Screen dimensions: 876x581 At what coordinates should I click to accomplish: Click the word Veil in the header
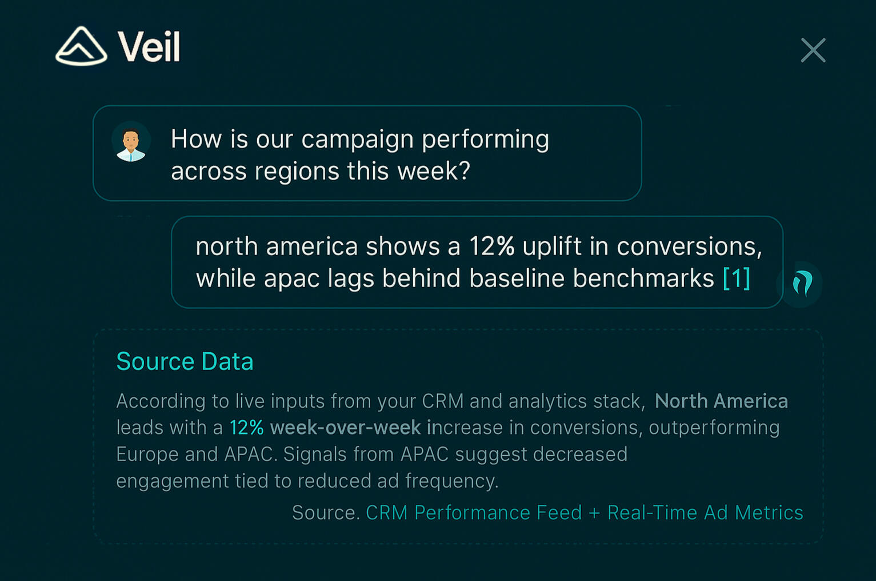[x=149, y=46]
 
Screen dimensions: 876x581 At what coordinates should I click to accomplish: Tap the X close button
[x=813, y=50]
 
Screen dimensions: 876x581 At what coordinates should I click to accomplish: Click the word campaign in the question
[x=358, y=140]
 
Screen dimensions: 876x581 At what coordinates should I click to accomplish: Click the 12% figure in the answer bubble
[x=491, y=246]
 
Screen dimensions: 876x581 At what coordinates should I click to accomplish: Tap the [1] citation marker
[x=737, y=278]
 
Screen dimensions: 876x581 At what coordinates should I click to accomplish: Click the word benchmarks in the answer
[x=643, y=278]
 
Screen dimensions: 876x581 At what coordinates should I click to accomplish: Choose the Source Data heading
[x=185, y=361]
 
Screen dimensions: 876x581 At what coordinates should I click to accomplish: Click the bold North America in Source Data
[x=722, y=401]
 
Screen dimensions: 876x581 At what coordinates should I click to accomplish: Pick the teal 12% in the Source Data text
[x=247, y=427]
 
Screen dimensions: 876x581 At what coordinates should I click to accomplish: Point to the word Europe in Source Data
[x=147, y=455]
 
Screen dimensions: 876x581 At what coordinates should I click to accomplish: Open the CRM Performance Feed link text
[x=474, y=512]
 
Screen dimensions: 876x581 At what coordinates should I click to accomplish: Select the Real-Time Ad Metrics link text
[x=706, y=512]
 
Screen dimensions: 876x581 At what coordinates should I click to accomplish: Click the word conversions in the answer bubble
[x=690, y=247]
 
